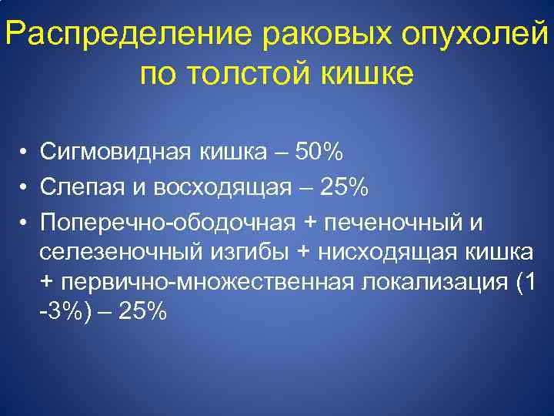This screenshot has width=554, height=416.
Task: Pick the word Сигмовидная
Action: click(x=115, y=153)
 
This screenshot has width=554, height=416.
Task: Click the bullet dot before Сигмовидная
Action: click(x=25, y=154)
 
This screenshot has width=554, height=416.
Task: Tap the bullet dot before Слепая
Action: click(x=25, y=188)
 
